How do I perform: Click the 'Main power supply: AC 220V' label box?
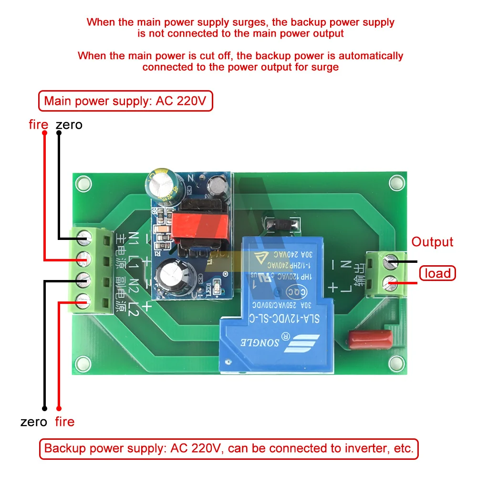125,102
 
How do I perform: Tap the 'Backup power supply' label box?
229,448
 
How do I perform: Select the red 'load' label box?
437,273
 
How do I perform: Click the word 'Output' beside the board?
432,242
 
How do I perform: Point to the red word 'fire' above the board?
38,125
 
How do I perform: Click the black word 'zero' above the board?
69,125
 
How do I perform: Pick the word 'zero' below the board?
34,422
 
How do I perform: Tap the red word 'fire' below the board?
64,422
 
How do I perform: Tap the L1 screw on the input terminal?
86,258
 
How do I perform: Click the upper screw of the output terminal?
392,261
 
